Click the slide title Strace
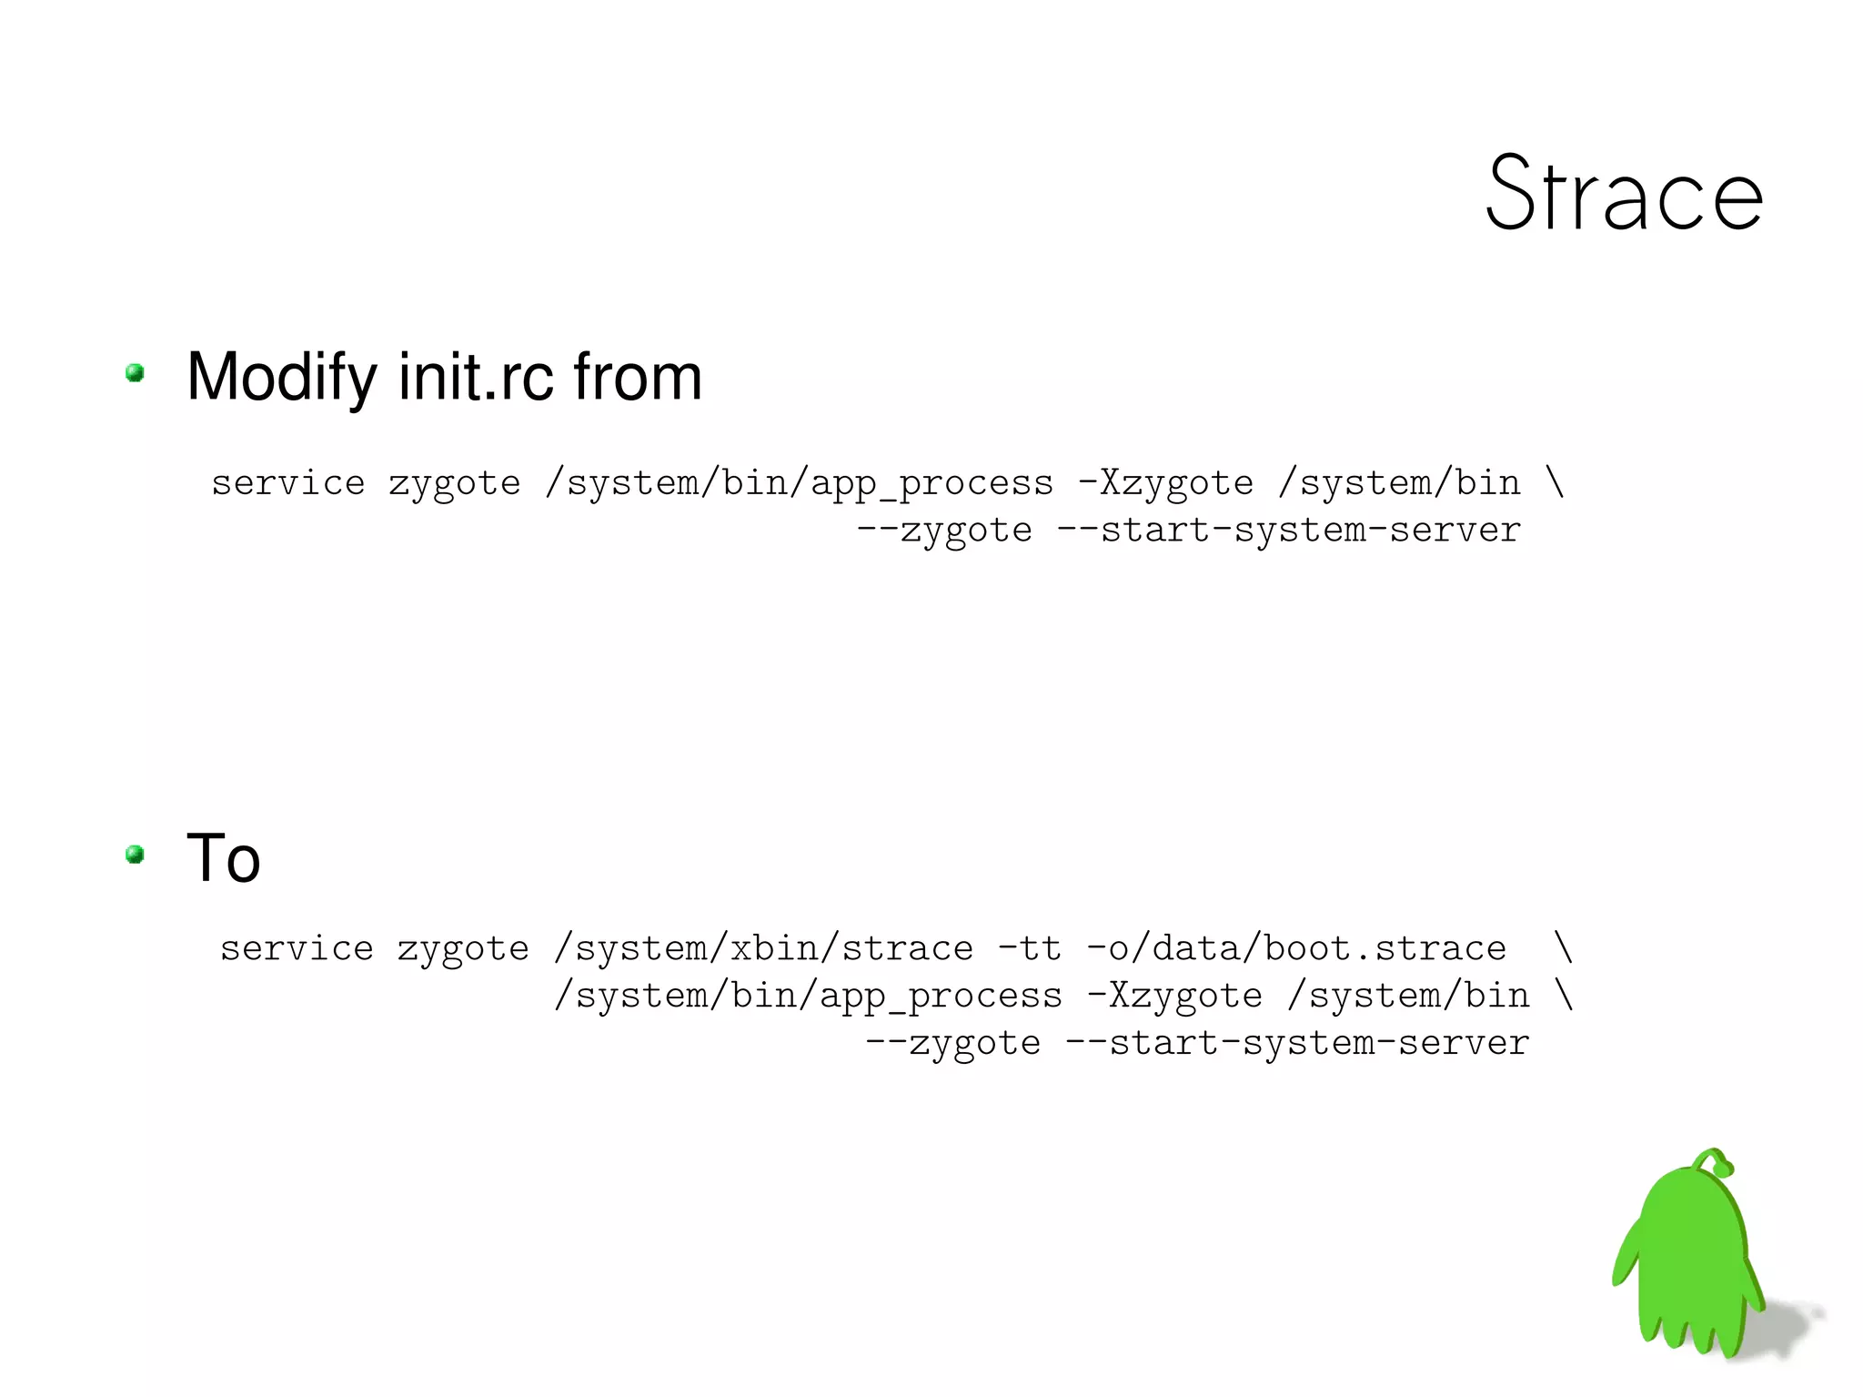pyautogui.click(x=1624, y=194)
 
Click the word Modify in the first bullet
pyautogui.click(x=281, y=377)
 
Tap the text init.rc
pyautogui.click(x=476, y=377)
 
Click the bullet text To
pyautogui.click(x=224, y=858)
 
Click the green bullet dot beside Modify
pyautogui.click(x=136, y=372)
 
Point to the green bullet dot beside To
pyautogui.click(x=136, y=854)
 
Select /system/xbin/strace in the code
pyautogui.click(x=763, y=949)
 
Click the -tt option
pyautogui.click(x=1030, y=949)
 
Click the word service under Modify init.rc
pyautogui.click(x=287, y=483)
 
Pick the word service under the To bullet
pyautogui.click(x=297, y=949)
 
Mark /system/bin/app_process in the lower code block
pyautogui.click(x=808, y=997)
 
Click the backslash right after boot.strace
pyautogui.click(x=1563, y=947)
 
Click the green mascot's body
pyautogui.click(x=1692, y=1256)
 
